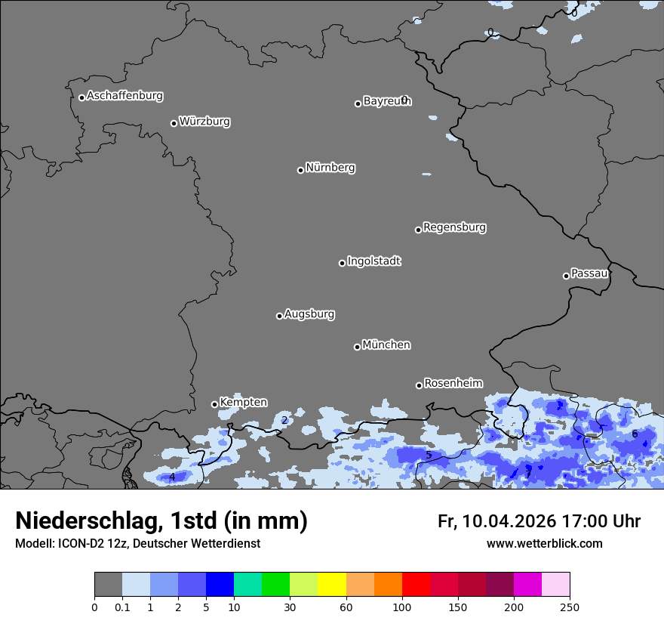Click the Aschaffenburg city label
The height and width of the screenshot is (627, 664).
pyautogui.click(x=124, y=96)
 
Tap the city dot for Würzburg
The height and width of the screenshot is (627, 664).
pyautogui.click(x=174, y=123)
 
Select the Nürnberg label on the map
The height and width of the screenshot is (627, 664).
pyautogui.click(x=330, y=168)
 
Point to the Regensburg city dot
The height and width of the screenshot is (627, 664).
pyautogui.click(x=418, y=230)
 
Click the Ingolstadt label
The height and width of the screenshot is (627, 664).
pyautogui.click(x=374, y=261)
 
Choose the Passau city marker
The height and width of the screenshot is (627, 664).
pyautogui.click(x=566, y=276)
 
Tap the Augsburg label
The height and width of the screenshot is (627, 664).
pyautogui.click(x=309, y=314)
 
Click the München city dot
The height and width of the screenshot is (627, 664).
pyautogui.click(x=357, y=347)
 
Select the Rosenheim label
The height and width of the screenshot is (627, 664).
pyautogui.click(x=453, y=383)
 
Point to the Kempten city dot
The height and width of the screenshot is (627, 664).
pyautogui.click(x=214, y=404)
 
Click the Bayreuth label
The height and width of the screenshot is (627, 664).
pyautogui.click(x=386, y=101)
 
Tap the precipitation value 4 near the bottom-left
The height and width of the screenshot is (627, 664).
pyautogui.click(x=172, y=477)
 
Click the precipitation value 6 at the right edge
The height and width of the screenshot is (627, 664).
pyautogui.click(x=635, y=434)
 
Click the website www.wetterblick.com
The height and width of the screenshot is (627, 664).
pyautogui.click(x=544, y=544)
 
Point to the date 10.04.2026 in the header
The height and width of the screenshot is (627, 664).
pyautogui.click(x=509, y=521)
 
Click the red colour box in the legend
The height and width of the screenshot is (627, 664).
pyautogui.click(x=416, y=585)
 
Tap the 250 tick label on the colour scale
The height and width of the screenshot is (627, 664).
pyautogui.click(x=570, y=607)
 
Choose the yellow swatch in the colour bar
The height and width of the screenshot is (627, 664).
pyautogui.click(x=331, y=585)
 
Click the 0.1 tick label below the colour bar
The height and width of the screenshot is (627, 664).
pyautogui.click(x=121, y=607)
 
